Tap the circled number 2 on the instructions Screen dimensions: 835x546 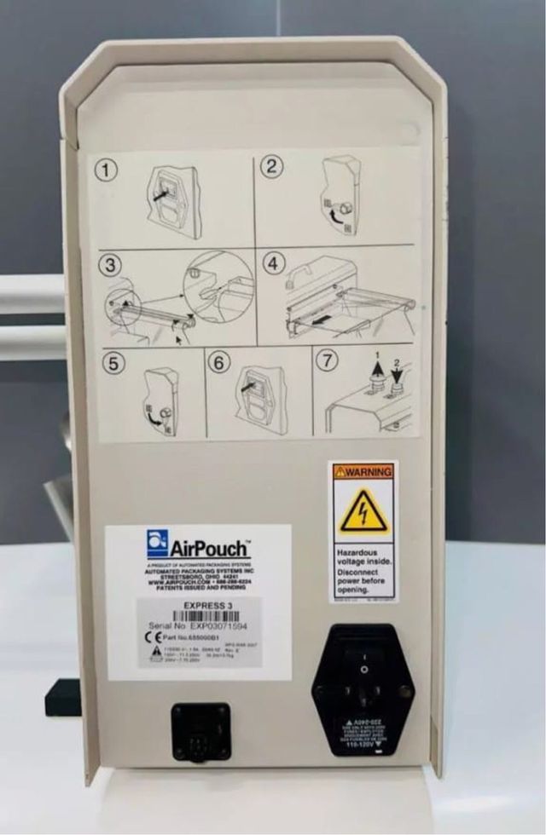tap(271, 166)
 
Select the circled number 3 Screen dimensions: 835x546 tap(109, 265)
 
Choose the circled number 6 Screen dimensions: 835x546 tap(219, 363)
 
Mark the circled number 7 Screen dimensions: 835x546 tap(327, 360)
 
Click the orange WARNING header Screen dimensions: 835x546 tap(363, 471)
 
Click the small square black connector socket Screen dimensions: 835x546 tap(200, 731)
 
